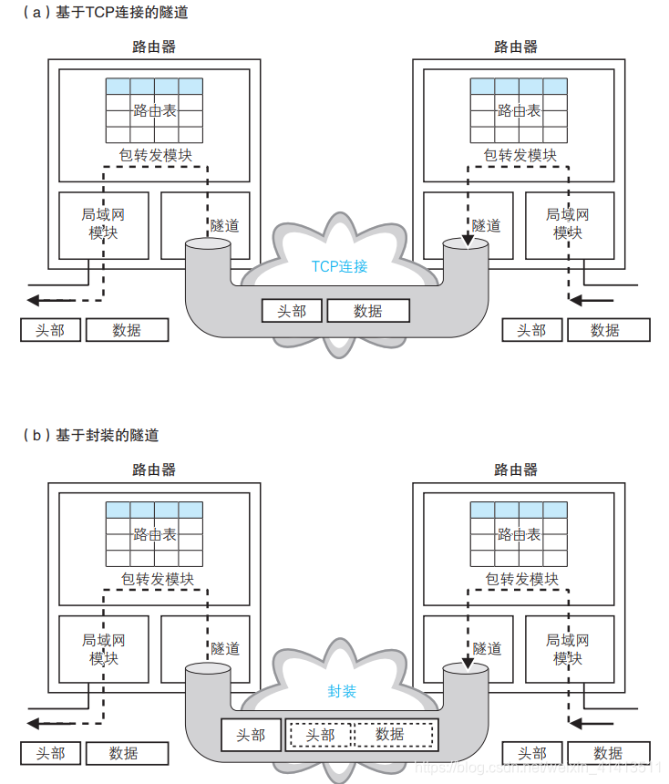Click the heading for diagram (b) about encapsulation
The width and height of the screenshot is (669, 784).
pyautogui.click(x=90, y=436)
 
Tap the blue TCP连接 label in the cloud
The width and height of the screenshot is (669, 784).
pyautogui.click(x=339, y=266)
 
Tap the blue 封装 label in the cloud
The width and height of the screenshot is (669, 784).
pyautogui.click(x=342, y=691)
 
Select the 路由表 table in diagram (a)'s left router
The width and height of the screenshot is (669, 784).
pyautogui.click(x=154, y=110)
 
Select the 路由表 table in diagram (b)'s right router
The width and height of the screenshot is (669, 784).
pyautogui.click(x=519, y=535)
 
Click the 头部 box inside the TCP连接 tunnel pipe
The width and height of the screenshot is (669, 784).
pyautogui.click(x=292, y=311)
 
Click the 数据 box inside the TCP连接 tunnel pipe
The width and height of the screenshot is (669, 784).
pyautogui.click(x=368, y=311)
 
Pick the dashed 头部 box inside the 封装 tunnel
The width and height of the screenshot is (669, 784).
pyautogui.click(x=320, y=735)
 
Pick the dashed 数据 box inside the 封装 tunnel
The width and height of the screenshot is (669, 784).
pyautogui.click(x=390, y=735)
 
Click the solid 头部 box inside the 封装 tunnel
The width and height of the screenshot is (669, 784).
pyautogui.click(x=251, y=735)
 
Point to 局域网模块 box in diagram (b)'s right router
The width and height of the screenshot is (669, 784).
pyautogui.click(x=567, y=648)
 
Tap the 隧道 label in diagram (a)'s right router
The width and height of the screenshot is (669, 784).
pyautogui.click(x=487, y=225)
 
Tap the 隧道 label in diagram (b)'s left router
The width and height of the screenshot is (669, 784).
pyautogui.click(x=225, y=649)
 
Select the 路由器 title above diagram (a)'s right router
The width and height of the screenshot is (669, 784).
pyautogui.click(x=516, y=46)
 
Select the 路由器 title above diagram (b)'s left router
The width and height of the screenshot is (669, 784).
pyautogui.click(x=154, y=470)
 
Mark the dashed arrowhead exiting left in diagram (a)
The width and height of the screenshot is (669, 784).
pyautogui.click(x=34, y=299)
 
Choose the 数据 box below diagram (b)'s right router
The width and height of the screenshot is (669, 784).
pyautogui.click(x=608, y=753)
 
